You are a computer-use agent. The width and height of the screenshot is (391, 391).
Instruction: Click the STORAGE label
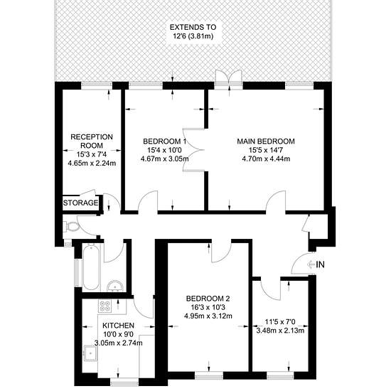[80, 203]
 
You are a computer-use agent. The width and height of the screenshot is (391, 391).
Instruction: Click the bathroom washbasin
[115, 286]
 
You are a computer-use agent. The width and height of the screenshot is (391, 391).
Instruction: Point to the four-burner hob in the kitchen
[105, 306]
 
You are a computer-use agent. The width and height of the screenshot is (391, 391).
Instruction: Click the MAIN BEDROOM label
[266, 141]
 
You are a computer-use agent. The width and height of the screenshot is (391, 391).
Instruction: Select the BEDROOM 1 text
[165, 141]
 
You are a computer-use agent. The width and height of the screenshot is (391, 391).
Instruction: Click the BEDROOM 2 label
[208, 299]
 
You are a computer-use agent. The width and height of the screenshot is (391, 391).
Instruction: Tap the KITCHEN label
[119, 326]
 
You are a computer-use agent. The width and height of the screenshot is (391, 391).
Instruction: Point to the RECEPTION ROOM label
[92, 141]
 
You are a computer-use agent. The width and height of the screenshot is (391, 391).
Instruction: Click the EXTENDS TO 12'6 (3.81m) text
[193, 31]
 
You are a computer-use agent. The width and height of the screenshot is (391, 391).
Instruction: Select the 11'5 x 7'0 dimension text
[280, 322]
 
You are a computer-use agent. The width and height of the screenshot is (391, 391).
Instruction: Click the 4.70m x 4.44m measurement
[266, 159]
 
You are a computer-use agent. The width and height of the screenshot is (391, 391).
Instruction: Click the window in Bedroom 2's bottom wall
[209, 375]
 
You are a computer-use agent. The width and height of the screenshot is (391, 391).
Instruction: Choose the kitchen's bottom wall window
[124, 382]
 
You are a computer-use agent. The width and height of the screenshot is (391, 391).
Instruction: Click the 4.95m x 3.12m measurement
[208, 316]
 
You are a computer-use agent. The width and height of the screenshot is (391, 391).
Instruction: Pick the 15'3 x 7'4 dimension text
[92, 154]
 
